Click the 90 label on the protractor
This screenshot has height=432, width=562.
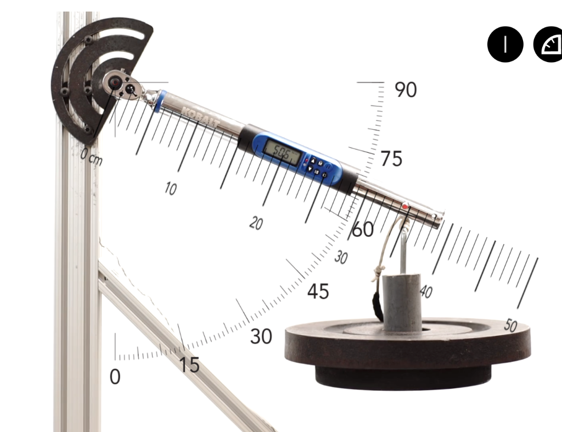click(406, 90)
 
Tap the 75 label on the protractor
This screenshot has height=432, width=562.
click(391, 159)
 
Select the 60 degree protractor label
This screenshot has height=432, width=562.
click(363, 230)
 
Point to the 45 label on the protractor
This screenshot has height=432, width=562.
click(318, 291)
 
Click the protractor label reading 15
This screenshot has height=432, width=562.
click(189, 365)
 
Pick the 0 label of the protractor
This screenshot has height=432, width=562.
click(115, 377)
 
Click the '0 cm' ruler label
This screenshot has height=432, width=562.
click(91, 157)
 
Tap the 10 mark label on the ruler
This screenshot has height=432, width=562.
click(171, 189)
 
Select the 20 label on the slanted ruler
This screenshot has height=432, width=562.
click(256, 223)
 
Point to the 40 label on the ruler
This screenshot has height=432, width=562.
click(425, 291)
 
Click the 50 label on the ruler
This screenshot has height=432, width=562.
click(510, 326)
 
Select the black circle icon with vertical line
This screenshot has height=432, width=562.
click(505, 45)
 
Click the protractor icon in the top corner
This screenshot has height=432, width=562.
click(549, 45)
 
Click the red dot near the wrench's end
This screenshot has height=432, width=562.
click(406, 207)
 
